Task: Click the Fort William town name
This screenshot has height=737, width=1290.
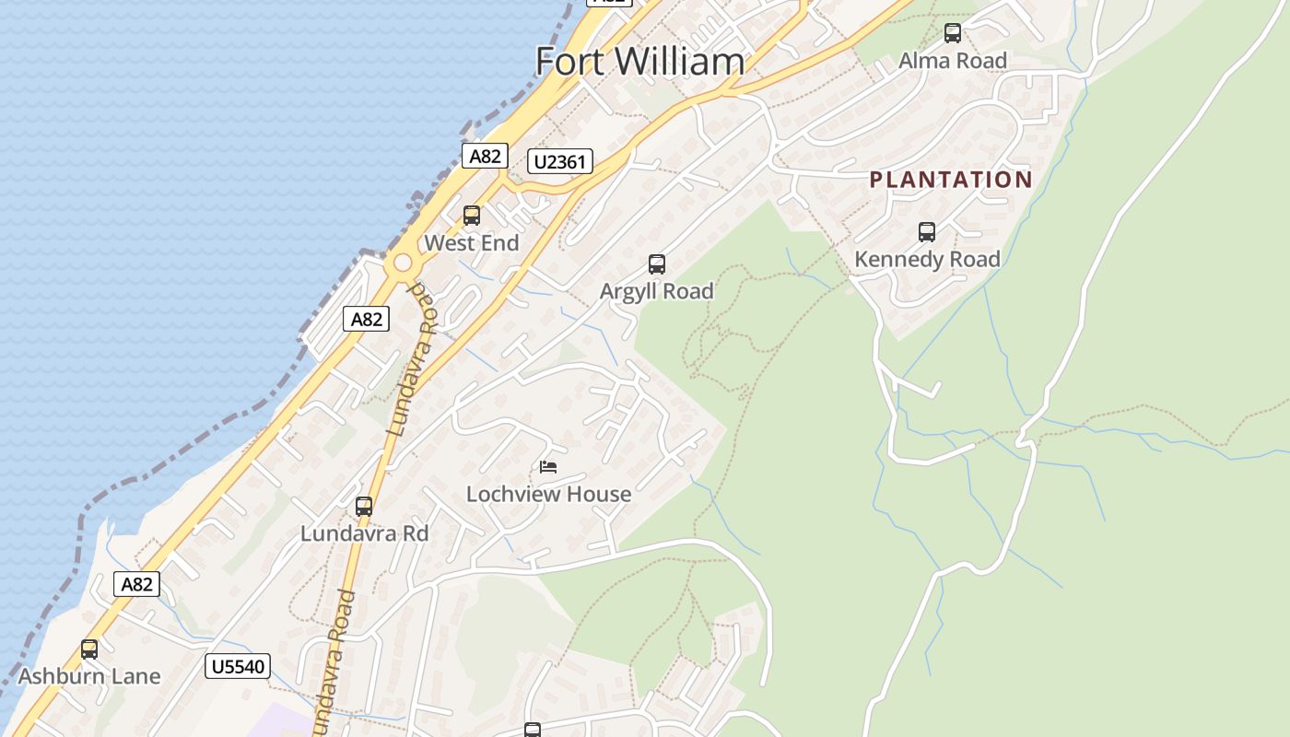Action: [x=639, y=62]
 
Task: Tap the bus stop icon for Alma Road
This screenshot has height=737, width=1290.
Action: [x=952, y=33]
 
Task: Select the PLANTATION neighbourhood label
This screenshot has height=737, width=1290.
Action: [x=951, y=180]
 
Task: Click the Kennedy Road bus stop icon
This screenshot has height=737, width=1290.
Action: [x=926, y=232]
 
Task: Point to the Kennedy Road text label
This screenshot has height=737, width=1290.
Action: [x=926, y=260]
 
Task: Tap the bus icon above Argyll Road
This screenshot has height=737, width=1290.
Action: [x=656, y=264]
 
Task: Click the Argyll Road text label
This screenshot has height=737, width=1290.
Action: [x=656, y=291]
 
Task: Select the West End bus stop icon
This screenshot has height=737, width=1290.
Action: [x=471, y=216]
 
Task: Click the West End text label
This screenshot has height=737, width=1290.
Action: [x=471, y=243]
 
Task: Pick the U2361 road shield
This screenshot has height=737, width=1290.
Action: [x=559, y=162]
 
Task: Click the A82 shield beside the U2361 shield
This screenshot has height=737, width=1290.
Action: [x=485, y=156]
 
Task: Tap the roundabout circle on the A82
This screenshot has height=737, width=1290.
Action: [x=403, y=263]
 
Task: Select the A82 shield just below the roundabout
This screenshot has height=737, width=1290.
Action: [x=366, y=319]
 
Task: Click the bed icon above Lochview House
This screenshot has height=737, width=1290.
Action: [x=548, y=466]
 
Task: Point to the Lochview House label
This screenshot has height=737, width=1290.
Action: [x=548, y=494]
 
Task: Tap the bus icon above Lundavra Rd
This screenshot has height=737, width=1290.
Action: [x=364, y=507]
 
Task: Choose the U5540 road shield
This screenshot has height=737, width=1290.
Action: [x=237, y=666]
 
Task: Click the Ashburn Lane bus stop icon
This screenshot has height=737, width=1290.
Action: [x=88, y=649]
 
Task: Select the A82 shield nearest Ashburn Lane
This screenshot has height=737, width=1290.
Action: [x=136, y=584]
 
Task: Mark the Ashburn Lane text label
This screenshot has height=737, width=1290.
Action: [x=88, y=676]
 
